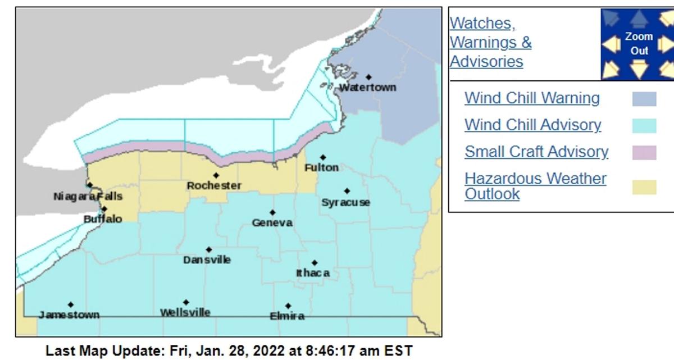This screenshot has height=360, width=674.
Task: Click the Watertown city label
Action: click(x=367, y=88)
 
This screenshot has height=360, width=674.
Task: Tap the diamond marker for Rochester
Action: click(x=216, y=175)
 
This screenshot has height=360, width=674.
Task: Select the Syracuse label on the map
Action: click(x=345, y=203)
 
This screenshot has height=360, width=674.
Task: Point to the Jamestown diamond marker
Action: click(x=71, y=304)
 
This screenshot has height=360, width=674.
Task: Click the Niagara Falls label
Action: click(x=88, y=197)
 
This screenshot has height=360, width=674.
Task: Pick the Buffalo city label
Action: click(x=103, y=219)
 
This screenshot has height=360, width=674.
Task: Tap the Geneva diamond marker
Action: click(x=272, y=212)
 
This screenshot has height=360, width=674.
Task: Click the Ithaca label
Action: click(x=313, y=273)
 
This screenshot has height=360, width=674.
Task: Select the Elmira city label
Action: click(x=287, y=316)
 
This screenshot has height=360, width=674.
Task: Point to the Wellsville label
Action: click(x=185, y=312)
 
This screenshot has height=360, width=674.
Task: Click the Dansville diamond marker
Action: click(x=209, y=249)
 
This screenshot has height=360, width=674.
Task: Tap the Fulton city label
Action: click(x=321, y=167)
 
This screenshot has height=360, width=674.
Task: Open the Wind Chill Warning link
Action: click(x=532, y=98)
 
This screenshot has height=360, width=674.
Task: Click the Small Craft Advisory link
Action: click(x=536, y=152)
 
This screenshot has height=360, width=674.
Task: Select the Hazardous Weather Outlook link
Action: click(x=535, y=186)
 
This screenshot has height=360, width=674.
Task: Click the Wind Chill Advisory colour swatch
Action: click(x=644, y=126)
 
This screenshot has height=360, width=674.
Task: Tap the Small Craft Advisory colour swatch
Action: click(x=644, y=153)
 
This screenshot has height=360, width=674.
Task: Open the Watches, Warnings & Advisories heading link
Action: click(x=490, y=42)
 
